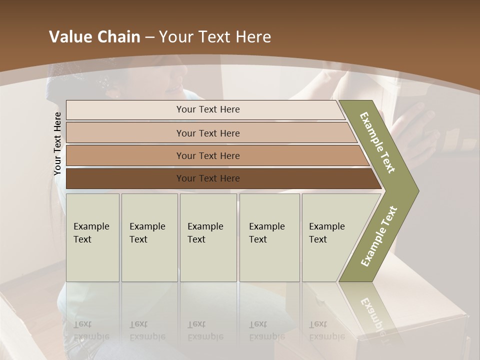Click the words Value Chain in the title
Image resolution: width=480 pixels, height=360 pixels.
click(94, 37)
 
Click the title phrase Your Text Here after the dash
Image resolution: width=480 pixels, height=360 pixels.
click(215, 37)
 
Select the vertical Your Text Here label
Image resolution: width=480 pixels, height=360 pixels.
click(57, 143)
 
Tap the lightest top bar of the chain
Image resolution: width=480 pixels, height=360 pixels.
click(125, 109)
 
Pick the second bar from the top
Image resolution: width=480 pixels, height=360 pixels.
click(125, 133)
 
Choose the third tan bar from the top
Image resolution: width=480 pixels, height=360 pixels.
click(125, 155)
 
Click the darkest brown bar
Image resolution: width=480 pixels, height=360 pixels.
click(125, 178)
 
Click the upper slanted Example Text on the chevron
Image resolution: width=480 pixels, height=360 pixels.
click(378, 142)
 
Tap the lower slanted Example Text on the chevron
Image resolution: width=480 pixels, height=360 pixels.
click(379, 236)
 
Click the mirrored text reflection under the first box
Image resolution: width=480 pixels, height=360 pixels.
click(91, 330)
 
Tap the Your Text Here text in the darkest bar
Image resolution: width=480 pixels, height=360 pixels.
click(208, 178)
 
